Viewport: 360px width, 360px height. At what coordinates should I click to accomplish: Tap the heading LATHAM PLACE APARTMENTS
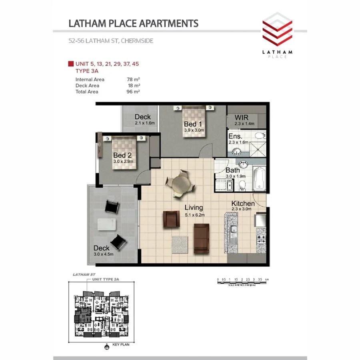[133, 23]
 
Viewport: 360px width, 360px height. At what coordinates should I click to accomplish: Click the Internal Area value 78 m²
[133, 80]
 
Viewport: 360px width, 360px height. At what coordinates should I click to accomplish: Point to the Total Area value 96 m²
[133, 92]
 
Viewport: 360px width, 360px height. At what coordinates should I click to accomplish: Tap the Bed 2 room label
[123, 155]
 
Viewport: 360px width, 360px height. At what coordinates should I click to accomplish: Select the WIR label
[242, 118]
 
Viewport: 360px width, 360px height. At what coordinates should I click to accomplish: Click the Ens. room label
[236, 136]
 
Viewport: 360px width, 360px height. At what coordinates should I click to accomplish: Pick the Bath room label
[232, 170]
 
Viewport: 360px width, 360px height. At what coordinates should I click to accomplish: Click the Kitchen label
[243, 204]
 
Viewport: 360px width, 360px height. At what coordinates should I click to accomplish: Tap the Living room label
[194, 208]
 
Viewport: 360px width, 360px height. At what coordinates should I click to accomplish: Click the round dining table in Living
[181, 184]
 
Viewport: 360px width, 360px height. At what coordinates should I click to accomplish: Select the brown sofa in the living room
[201, 238]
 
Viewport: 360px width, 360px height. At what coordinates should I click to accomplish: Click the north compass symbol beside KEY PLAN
[106, 347]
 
